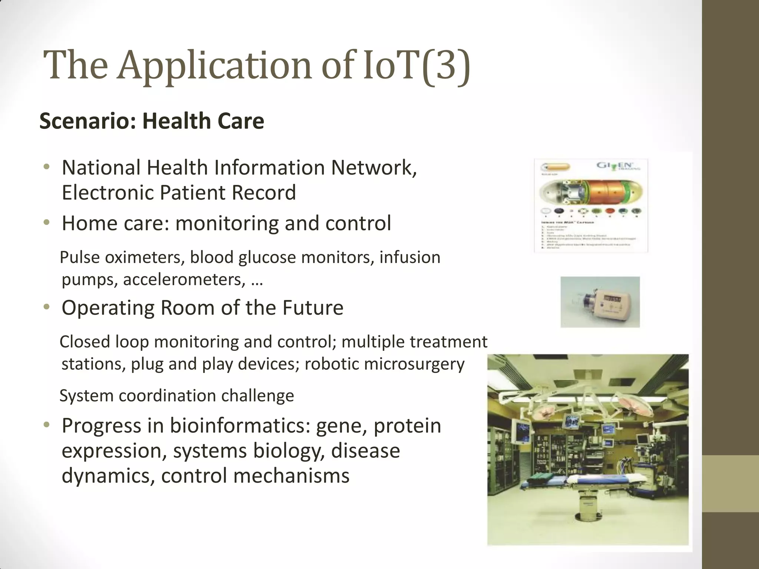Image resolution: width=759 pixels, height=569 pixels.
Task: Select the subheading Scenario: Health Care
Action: pyautogui.click(x=152, y=121)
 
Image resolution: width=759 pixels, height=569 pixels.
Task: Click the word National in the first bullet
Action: pyautogui.click(x=101, y=167)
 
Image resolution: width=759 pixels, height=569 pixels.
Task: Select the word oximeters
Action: pyautogui.click(x=145, y=257)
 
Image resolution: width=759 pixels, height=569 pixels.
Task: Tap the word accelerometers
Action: pyautogui.click(x=184, y=279)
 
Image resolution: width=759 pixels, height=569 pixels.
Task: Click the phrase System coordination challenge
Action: pyautogui.click(x=176, y=396)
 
